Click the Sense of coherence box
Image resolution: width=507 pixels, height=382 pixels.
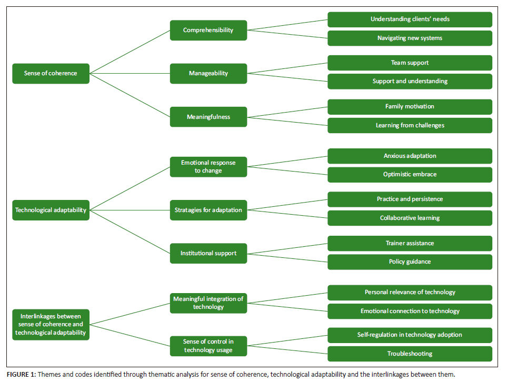pyautogui.click(x=51, y=73)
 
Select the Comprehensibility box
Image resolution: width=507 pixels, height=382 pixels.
pyautogui.click(x=208, y=31)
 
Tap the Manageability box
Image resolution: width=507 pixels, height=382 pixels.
pyautogui.click(x=208, y=73)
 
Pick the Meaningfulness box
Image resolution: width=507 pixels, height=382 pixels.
pyautogui.click(x=208, y=117)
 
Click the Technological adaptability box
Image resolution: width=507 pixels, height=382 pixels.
pyautogui.click(x=51, y=210)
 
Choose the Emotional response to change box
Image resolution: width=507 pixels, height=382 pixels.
pyautogui.click(x=208, y=167)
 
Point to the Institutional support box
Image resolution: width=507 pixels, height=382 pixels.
pyautogui.click(x=208, y=254)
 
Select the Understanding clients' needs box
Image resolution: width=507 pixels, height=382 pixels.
pyautogui.click(x=410, y=19)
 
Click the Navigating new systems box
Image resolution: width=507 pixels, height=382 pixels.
pyautogui.click(x=410, y=38)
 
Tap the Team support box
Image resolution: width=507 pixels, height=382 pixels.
pyautogui.click(x=410, y=63)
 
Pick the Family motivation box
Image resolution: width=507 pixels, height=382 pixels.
pyautogui.click(x=410, y=107)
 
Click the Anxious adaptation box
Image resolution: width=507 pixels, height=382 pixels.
pyautogui.click(x=410, y=156)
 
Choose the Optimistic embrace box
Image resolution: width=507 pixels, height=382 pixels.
pyautogui.click(x=410, y=175)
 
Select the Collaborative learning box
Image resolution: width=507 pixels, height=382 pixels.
pyautogui.click(x=410, y=218)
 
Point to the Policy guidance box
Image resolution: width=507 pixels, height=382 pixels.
pyautogui.click(x=410, y=262)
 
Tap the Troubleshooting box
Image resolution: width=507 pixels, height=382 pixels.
pyautogui.click(x=410, y=354)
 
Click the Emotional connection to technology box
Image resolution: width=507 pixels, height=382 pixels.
pyautogui.click(x=410, y=311)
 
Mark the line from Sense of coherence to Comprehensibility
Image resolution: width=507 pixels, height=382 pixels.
pyautogui.click(x=130, y=52)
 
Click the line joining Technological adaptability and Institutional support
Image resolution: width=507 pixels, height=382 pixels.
pyautogui.click(x=130, y=232)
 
